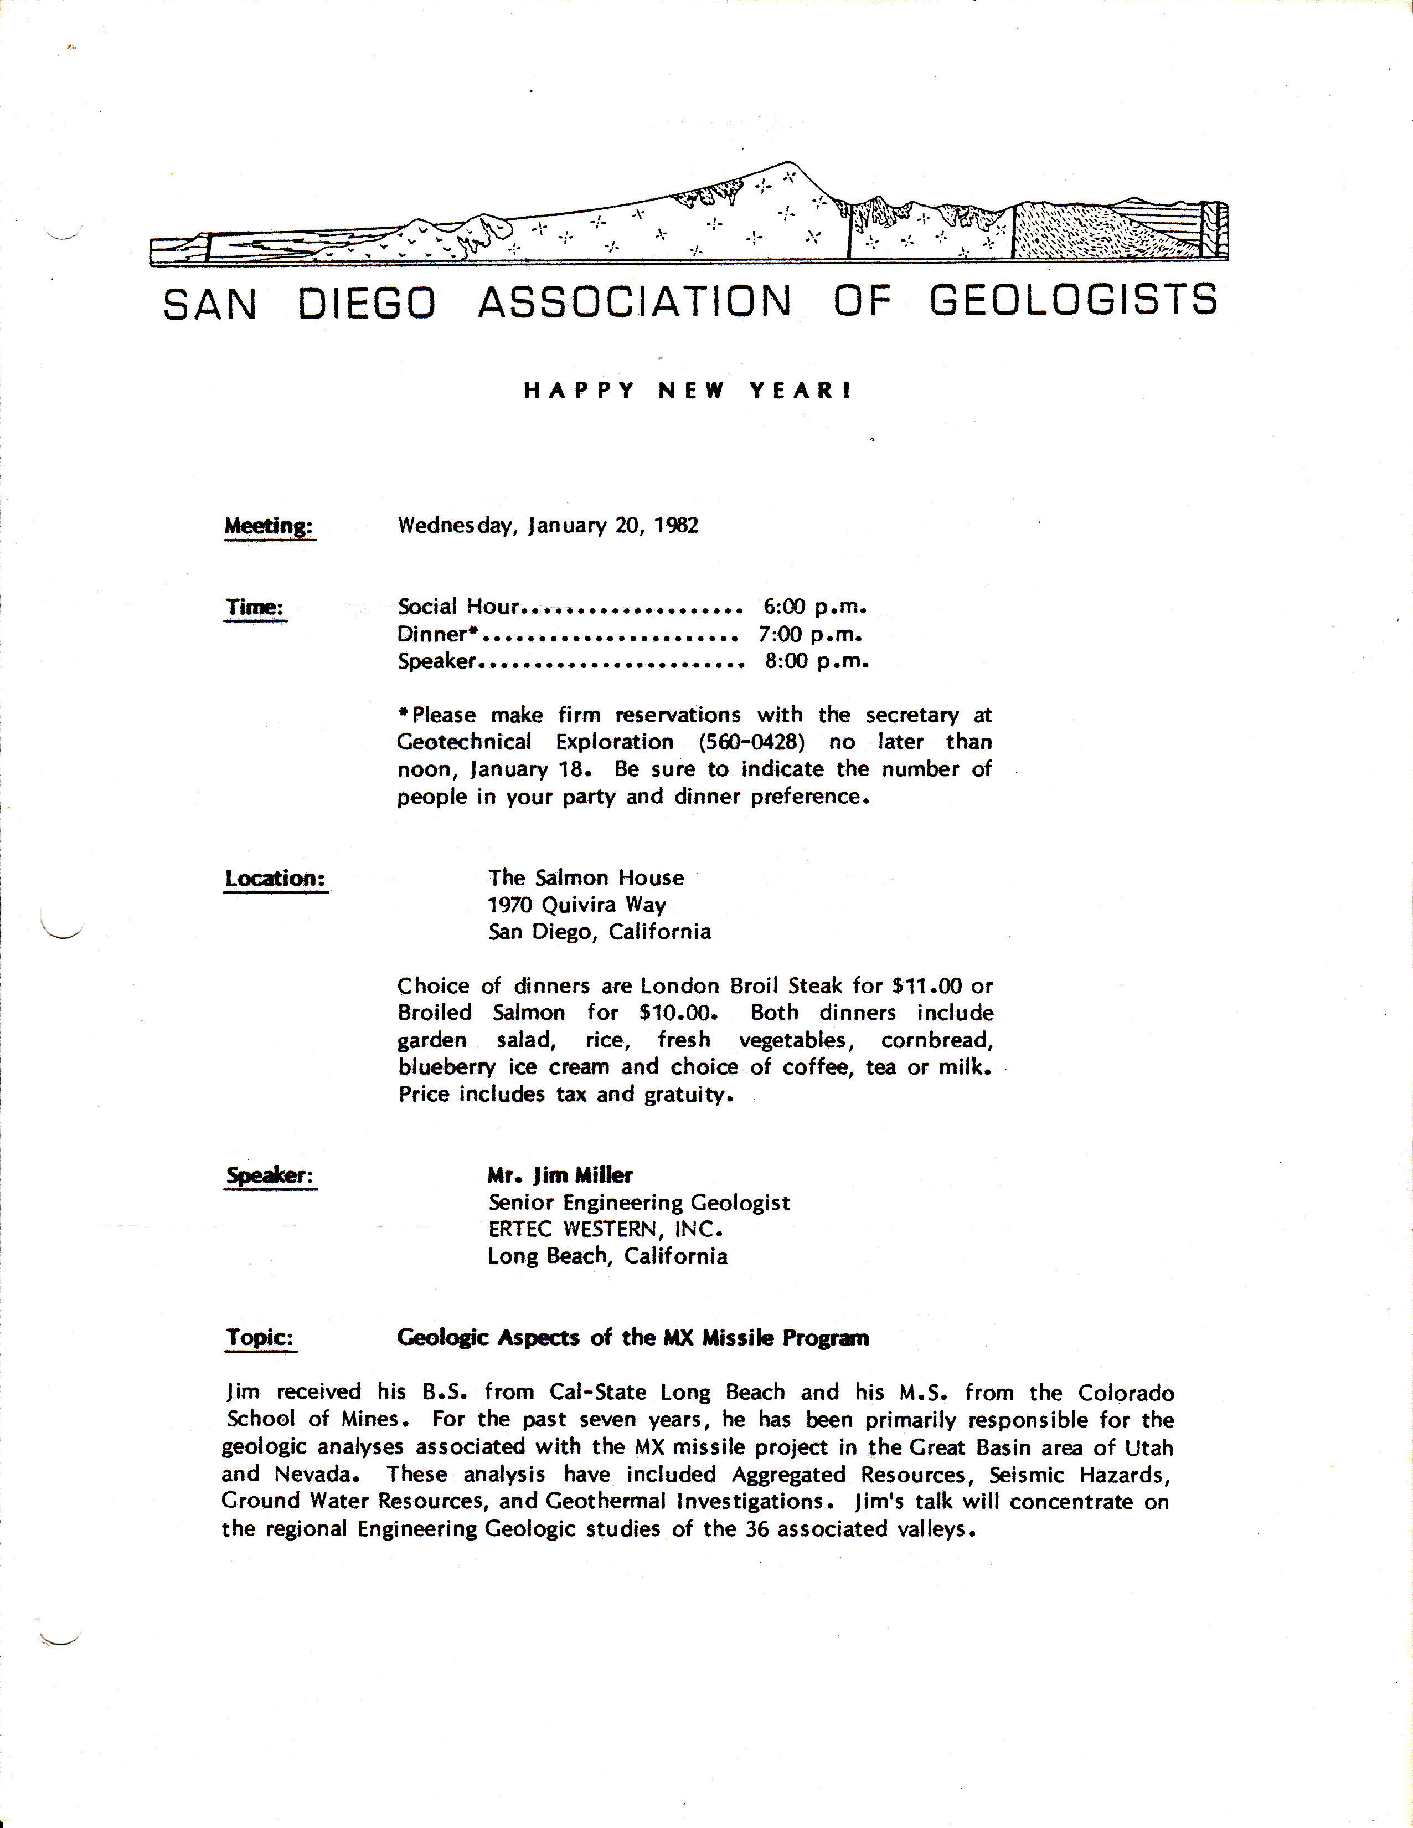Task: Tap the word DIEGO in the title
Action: pos(367,303)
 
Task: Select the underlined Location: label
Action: pos(275,879)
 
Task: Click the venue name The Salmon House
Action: pos(586,878)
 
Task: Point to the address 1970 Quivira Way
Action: pos(577,905)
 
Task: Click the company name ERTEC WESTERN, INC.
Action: pos(605,1230)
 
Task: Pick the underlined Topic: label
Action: pos(260,1338)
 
